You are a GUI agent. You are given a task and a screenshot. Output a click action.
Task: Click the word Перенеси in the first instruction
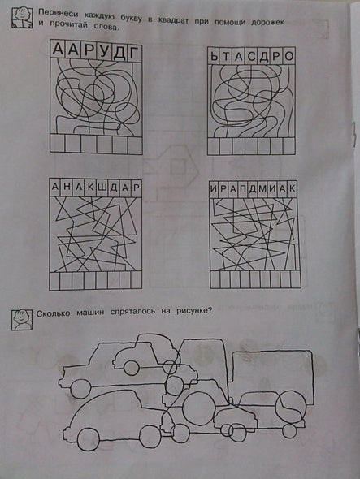coord(58,14)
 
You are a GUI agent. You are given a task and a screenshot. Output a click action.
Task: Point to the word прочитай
coord(67,25)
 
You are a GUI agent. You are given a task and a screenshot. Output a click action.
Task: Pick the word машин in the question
coord(90,313)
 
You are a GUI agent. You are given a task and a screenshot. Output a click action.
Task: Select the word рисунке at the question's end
coord(194,311)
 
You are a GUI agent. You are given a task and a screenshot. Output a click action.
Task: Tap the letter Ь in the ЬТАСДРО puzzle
coord(215,57)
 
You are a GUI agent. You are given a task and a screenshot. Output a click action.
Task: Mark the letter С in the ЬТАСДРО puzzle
coord(252,57)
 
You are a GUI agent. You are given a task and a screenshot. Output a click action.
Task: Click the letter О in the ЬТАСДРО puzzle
coord(288,57)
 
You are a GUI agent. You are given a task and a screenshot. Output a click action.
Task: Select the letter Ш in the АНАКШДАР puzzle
coord(101,188)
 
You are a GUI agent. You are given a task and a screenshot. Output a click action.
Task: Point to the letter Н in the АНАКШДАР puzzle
coord(67,187)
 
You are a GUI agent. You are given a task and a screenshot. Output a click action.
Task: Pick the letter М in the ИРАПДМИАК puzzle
coord(262,189)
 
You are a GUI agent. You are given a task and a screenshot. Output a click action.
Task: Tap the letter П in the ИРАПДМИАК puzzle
coord(243,189)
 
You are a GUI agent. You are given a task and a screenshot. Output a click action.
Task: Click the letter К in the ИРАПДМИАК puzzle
coord(292,188)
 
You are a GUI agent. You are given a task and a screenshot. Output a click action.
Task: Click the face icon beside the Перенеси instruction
coord(22,18)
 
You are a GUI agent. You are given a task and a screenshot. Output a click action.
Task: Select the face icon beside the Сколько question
coord(22,320)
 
